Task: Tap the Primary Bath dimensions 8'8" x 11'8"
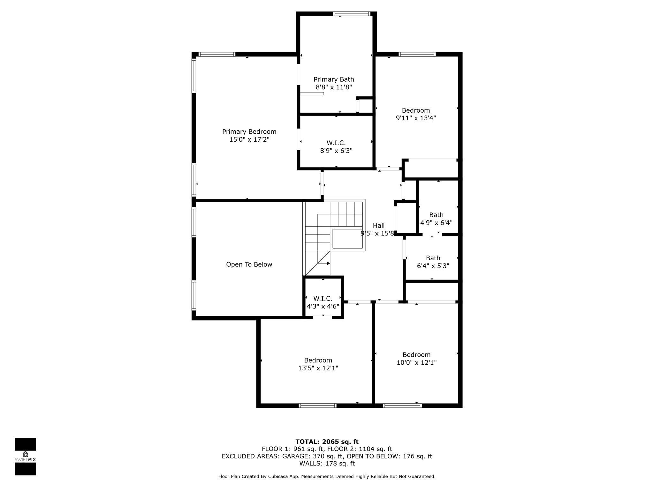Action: pos(334,87)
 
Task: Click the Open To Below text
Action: pos(249,264)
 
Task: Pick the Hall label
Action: pos(379,226)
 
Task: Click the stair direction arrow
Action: pos(324,264)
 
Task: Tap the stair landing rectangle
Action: pos(347,239)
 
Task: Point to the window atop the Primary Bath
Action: pos(352,14)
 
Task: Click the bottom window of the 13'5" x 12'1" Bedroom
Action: pos(317,405)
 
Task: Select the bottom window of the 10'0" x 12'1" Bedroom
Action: pos(402,405)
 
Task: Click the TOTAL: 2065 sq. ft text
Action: pos(327,442)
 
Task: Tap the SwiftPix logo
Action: pos(25,457)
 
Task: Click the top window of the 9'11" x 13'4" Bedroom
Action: pos(417,54)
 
